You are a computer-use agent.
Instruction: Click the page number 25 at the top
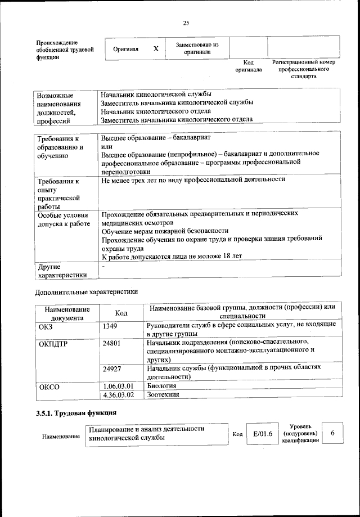[x=186, y=23]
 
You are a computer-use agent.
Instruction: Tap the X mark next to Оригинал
[x=156, y=49]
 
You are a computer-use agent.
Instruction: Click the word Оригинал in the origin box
[x=126, y=50]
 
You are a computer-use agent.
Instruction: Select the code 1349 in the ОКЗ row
[x=110, y=326]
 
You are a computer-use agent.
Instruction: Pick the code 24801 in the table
[x=112, y=342]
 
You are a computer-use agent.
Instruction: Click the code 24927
[x=112, y=368]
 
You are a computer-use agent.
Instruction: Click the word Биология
[x=161, y=386]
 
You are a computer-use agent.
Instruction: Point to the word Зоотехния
[x=163, y=394]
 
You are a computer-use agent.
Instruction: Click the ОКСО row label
[x=48, y=388]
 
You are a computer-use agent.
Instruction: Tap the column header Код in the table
[x=121, y=313]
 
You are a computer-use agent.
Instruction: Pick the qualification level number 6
[x=332, y=433]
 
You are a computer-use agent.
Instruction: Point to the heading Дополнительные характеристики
[x=85, y=292]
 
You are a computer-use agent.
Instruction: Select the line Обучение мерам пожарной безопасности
[x=165, y=231]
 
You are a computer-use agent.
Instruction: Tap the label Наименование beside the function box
[x=61, y=437]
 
